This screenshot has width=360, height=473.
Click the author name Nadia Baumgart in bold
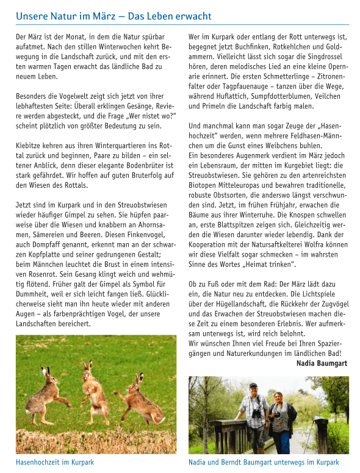(322, 363)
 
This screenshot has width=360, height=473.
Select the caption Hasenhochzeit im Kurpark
(55, 462)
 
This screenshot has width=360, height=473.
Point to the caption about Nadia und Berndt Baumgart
(264, 462)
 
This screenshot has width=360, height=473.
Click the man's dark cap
(253, 386)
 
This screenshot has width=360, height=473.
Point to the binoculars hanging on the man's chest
(256, 412)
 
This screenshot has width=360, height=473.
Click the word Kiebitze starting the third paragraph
(29, 146)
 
